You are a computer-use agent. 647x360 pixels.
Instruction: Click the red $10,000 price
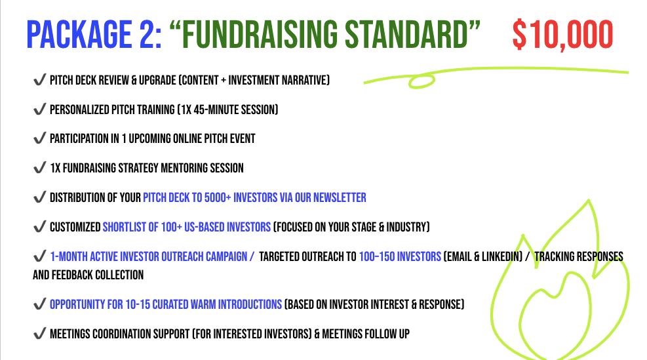(563, 35)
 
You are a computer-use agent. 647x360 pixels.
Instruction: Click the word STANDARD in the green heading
(406, 34)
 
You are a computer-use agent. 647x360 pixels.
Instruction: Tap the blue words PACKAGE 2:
(94, 34)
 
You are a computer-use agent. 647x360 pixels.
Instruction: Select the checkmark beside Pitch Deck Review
(39, 79)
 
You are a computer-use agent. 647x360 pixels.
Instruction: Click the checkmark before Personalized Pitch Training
(39, 109)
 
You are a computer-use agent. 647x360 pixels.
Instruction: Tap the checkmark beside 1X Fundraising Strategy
(39, 168)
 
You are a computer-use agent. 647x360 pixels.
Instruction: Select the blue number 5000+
(218, 197)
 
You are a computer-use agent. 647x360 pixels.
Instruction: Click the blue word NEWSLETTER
(340, 197)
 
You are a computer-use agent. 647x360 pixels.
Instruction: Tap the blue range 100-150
(377, 256)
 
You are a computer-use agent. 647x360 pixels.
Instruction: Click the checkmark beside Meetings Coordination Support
(39, 333)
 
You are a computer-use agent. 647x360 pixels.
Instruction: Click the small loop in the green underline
(422, 81)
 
